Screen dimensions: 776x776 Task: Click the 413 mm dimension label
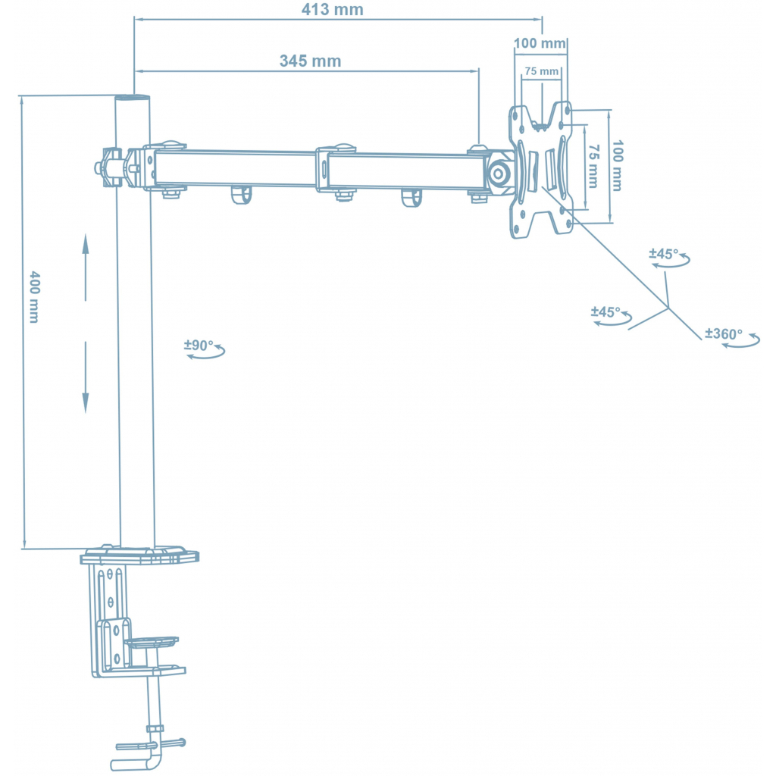332,10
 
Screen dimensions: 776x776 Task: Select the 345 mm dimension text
310,61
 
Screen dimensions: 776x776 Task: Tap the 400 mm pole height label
34,297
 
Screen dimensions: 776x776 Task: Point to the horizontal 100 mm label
540,43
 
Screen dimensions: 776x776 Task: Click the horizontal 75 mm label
541,71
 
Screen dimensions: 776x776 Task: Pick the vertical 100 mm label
617,165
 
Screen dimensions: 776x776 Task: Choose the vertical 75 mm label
593,165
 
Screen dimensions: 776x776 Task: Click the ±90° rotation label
199,345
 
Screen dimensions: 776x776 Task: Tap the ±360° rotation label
724,333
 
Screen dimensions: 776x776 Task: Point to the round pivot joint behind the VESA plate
499,172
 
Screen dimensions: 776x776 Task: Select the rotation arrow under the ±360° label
741,344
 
